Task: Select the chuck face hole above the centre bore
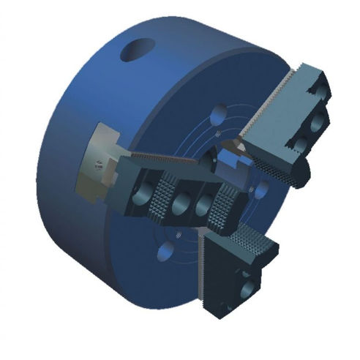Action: click(217, 115)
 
